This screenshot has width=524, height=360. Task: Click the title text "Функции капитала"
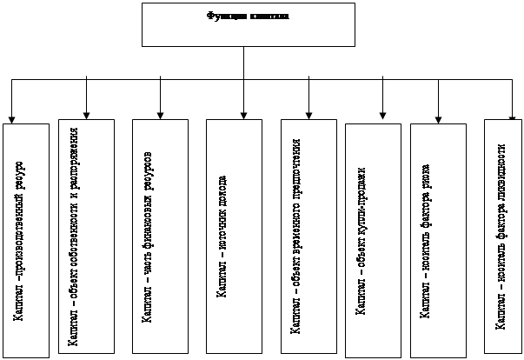pos(248,16)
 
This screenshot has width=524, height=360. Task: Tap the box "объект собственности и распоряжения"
pos(87,235)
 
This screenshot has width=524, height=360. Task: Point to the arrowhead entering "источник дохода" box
pos(244,111)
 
